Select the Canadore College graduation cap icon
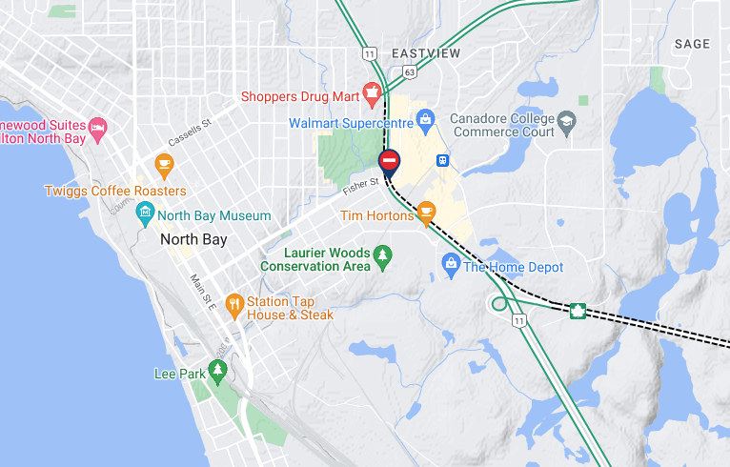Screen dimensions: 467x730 pyautogui.click(x=567, y=121)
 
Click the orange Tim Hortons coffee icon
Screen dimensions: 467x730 pyautogui.click(x=426, y=212)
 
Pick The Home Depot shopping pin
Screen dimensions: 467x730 pyautogui.click(x=451, y=263)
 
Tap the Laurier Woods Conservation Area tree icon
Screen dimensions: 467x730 pyautogui.click(x=382, y=255)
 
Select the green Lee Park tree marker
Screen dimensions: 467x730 pyautogui.click(x=218, y=370)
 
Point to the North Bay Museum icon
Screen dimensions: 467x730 pyautogui.click(x=145, y=213)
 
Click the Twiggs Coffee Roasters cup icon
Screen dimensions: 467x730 pyautogui.click(x=165, y=167)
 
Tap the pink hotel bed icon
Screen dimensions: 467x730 pyautogui.click(x=97, y=127)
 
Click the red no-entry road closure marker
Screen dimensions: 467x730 pyautogui.click(x=389, y=160)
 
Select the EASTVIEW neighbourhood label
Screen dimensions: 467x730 pyautogui.click(x=425, y=53)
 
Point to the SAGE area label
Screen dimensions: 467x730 pyautogui.click(x=692, y=44)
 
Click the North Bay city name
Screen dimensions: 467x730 pyautogui.click(x=193, y=239)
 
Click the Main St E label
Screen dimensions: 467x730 pyautogui.click(x=203, y=293)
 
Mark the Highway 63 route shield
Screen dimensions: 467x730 pyautogui.click(x=408, y=71)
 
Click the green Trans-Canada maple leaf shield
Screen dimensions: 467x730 pyautogui.click(x=577, y=311)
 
